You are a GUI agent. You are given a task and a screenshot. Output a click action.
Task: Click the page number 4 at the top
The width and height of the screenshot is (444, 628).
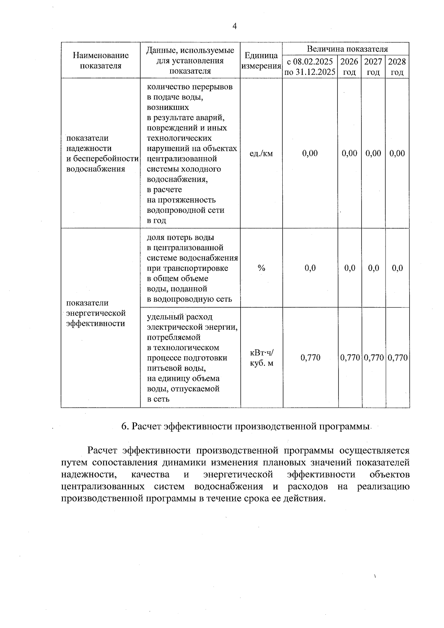point(234,26)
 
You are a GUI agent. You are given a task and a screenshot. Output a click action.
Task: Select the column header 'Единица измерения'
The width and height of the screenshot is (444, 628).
point(261,61)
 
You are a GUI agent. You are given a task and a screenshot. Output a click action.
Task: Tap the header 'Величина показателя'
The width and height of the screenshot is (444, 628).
point(347,49)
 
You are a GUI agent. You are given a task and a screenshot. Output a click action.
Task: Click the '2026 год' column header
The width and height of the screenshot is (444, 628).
point(349,67)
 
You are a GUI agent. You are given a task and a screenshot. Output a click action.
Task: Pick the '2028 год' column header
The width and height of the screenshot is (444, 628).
point(397,67)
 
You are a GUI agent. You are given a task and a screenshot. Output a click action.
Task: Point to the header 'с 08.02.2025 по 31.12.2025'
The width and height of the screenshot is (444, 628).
point(310,67)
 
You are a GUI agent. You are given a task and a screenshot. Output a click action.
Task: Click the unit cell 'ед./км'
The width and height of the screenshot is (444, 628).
point(261,153)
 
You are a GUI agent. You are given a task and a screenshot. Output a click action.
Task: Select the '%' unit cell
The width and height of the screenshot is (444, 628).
point(262,268)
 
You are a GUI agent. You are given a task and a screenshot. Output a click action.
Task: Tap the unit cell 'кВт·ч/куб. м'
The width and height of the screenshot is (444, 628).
point(262,358)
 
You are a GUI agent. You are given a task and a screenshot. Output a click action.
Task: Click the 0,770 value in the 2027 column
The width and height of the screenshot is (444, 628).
point(373,358)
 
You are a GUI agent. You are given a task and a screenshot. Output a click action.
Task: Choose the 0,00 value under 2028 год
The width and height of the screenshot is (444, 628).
point(397,153)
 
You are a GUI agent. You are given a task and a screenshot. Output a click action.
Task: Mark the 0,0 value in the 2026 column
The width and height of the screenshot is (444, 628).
point(350,268)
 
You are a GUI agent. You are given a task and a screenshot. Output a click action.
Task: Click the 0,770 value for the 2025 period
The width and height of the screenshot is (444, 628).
point(310,358)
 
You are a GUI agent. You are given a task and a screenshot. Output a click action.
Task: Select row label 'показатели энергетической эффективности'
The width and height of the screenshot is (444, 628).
point(96,313)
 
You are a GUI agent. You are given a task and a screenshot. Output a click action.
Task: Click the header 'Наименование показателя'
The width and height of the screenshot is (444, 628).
point(101,61)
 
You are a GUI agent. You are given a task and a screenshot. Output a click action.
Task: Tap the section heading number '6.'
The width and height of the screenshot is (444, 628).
point(125,427)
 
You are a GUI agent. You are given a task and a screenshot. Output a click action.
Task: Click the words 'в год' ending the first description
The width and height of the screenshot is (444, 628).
point(157,221)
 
